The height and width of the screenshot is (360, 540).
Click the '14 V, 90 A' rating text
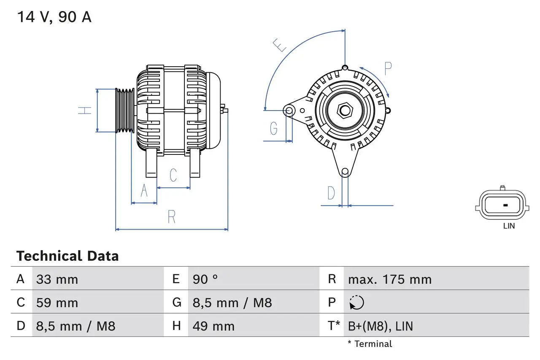(x=54, y=17)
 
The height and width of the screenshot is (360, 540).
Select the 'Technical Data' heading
(x=67, y=256)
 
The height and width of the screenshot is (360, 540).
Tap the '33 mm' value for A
(x=57, y=279)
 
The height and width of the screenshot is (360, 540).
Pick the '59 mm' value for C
(x=57, y=303)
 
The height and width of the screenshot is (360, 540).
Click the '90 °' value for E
(x=205, y=279)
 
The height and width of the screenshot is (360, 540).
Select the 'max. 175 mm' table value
(x=389, y=279)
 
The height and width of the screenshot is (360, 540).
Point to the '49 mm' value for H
(x=213, y=326)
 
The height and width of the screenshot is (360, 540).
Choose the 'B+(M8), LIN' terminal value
(x=380, y=326)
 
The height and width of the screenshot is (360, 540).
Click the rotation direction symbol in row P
(x=356, y=303)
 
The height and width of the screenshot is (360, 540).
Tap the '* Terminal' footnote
(x=370, y=344)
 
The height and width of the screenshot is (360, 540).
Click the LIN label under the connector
(x=509, y=226)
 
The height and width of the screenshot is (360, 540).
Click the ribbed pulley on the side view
(x=125, y=111)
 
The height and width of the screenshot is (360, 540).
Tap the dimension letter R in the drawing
(x=171, y=217)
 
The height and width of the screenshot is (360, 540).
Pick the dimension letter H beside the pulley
(x=85, y=111)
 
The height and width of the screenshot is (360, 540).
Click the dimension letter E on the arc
(x=279, y=45)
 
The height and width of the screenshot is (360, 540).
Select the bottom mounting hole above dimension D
(x=345, y=171)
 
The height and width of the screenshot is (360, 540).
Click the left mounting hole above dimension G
(x=289, y=111)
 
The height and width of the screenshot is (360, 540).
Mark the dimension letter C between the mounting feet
(x=173, y=175)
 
